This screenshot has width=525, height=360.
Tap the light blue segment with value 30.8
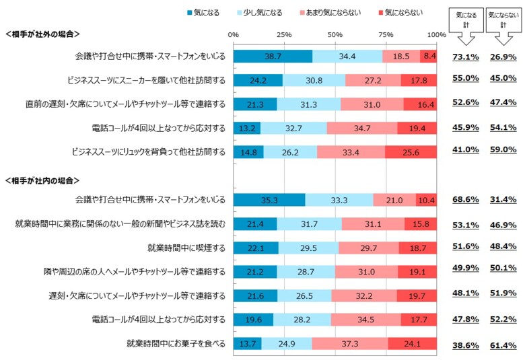(x=314, y=80)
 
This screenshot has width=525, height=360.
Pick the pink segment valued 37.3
(x=349, y=344)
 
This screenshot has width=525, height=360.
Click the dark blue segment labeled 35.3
(x=269, y=201)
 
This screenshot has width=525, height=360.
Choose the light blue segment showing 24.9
(x=287, y=344)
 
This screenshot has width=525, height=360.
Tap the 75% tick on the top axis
(x=386, y=34)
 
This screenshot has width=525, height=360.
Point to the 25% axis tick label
(x=284, y=34)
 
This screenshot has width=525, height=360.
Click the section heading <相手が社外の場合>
(x=42, y=34)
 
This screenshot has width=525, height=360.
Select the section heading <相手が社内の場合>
(x=42, y=180)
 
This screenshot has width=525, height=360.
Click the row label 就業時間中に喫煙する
(x=186, y=248)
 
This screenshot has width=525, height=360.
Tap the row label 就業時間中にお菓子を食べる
(x=176, y=343)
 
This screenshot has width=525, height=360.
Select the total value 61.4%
(x=503, y=345)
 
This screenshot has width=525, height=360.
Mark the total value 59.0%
(x=503, y=152)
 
